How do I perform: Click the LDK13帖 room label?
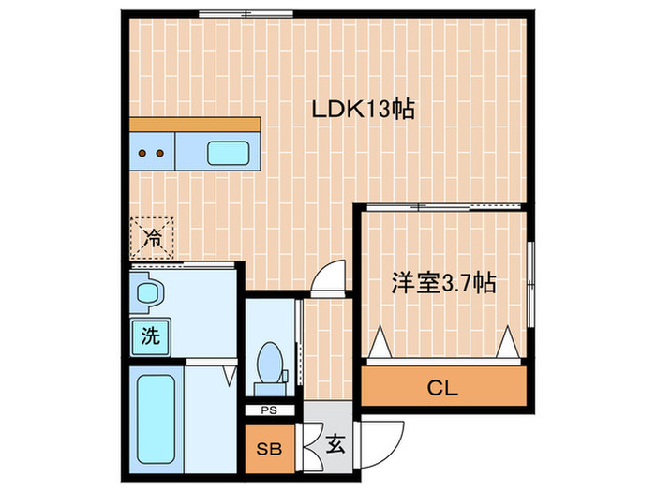click(x=364, y=110)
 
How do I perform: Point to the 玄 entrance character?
click(x=335, y=445)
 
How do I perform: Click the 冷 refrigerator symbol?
click(x=151, y=238)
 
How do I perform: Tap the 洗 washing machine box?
click(x=149, y=335)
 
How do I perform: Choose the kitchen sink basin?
click(x=227, y=151)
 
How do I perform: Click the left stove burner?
click(x=143, y=151)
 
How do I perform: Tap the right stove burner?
click(x=160, y=151)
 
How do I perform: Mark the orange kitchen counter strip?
click(x=195, y=125)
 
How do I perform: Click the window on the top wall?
click(x=231, y=14)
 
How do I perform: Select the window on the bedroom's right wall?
click(x=530, y=285)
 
